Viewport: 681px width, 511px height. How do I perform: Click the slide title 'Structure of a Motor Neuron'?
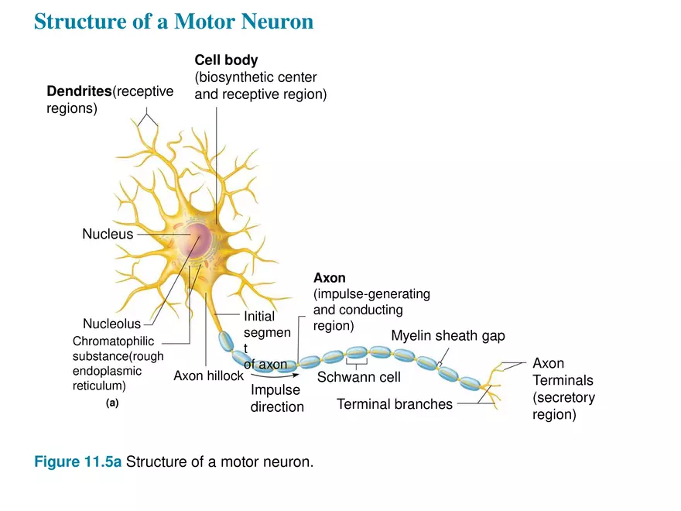tap(174, 21)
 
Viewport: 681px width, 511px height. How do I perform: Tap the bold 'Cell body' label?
tap(226, 60)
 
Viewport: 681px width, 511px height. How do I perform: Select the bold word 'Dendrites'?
tap(79, 92)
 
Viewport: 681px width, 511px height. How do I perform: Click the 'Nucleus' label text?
tap(108, 234)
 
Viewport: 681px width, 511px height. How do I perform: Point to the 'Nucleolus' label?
tap(111, 324)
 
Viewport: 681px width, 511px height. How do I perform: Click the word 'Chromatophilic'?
tap(113, 341)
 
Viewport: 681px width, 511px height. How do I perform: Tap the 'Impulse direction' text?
tap(276, 399)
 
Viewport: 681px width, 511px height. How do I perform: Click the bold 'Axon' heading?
tap(329, 277)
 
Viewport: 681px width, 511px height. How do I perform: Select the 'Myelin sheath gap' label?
tap(447, 335)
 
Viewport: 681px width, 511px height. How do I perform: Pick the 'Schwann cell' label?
tap(358, 378)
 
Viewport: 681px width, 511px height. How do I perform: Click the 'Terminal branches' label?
tap(394, 404)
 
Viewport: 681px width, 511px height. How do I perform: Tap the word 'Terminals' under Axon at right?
tap(563, 380)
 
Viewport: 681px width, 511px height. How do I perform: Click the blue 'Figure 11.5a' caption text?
tap(78, 462)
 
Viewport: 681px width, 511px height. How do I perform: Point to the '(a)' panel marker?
tap(112, 403)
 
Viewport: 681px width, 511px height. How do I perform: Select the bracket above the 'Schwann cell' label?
tap(356, 365)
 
